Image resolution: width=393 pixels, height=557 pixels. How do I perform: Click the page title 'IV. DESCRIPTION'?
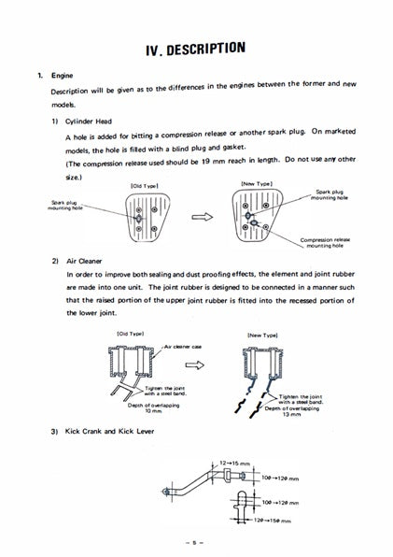coord(196,46)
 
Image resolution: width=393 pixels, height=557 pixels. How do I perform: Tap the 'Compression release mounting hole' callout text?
coord(327,243)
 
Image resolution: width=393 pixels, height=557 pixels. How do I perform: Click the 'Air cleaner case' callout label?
coord(183,346)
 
